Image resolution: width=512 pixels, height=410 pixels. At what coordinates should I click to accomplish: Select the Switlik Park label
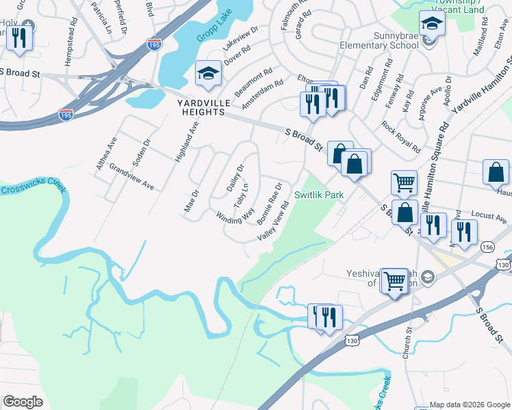click(318, 195)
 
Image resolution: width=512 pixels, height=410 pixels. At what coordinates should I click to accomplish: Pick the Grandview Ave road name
click(131, 176)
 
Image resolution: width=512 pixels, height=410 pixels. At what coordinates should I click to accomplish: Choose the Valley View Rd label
click(272, 225)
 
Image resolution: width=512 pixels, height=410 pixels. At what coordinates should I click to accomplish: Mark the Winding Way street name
click(235, 216)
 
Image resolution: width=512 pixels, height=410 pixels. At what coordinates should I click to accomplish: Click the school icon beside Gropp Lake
click(207, 74)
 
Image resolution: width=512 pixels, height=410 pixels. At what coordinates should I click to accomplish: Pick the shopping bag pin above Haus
click(496, 174)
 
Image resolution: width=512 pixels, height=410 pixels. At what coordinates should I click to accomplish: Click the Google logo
click(23, 402)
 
